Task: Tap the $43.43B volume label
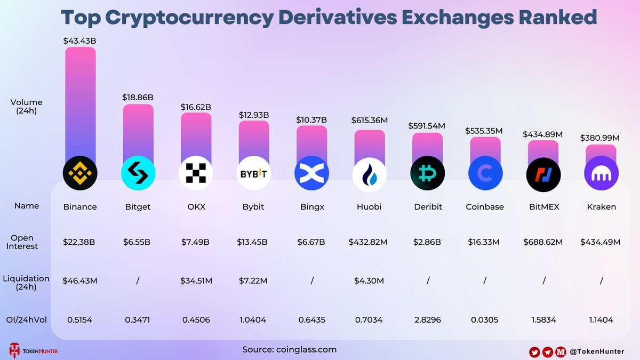pyautogui.click(x=80, y=41)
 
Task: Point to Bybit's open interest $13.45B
pyautogui.click(x=253, y=242)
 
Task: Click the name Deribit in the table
pyautogui.click(x=428, y=206)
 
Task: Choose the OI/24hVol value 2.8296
pyautogui.click(x=428, y=320)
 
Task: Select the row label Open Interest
pyautogui.click(x=22, y=242)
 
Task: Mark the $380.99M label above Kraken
pyautogui.click(x=600, y=138)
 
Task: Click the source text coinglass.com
pyautogui.click(x=306, y=349)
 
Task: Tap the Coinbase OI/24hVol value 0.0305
pyautogui.click(x=485, y=320)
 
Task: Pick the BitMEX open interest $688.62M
pyautogui.click(x=542, y=242)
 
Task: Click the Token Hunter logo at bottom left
pyautogui.click(x=33, y=350)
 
